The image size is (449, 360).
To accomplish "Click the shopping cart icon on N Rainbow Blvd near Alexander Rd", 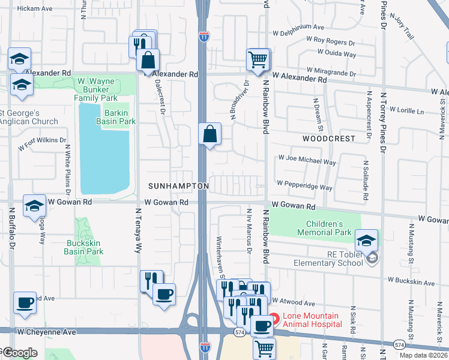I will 258,59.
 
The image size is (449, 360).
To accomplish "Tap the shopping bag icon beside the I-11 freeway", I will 210,134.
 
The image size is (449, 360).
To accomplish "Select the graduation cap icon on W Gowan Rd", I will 35,205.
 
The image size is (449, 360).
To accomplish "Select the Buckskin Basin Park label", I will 83,247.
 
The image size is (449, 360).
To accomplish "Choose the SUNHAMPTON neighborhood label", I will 179,186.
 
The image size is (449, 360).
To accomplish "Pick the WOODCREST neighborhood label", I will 328,138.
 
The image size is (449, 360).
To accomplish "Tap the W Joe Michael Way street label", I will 307,161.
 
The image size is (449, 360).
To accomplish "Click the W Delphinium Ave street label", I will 298,27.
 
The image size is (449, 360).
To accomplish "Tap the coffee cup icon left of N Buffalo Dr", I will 25,303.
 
